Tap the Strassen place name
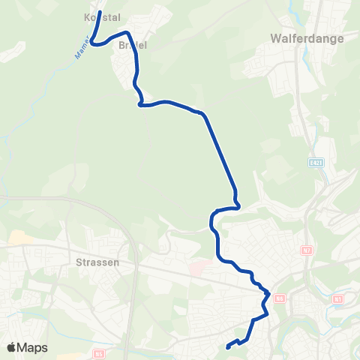click(98, 263)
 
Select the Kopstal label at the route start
click(103, 16)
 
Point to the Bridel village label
click(132, 45)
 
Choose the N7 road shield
click(306, 250)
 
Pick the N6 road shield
click(280, 298)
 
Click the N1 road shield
click(337, 298)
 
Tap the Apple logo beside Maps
click(12, 347)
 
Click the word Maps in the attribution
click(33, 347)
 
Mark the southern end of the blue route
click(227, 346)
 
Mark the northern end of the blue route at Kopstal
click(99, 13)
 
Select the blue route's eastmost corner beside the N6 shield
click(268, 294)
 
